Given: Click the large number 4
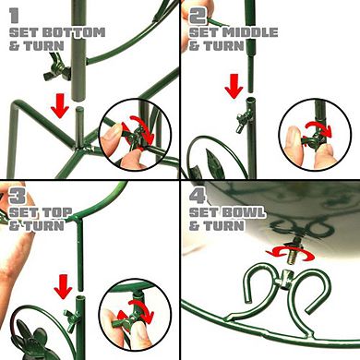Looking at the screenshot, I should pos(197,197).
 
